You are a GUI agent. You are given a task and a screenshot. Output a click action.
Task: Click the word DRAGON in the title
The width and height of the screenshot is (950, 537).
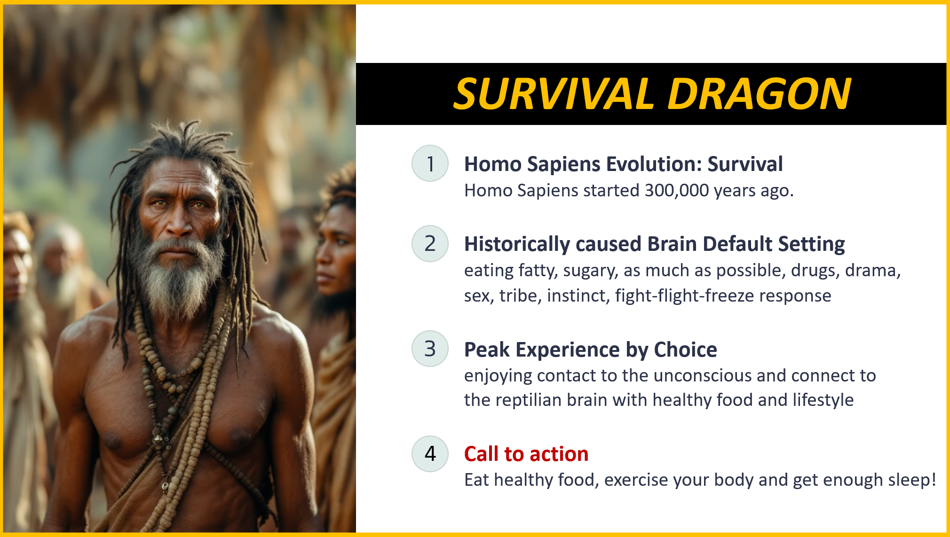[x=759, y=94]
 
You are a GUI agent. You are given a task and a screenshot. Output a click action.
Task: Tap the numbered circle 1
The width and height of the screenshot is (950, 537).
[x=430, y=163]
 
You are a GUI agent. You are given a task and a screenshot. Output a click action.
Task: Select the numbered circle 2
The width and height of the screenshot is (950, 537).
[x=430, y=243]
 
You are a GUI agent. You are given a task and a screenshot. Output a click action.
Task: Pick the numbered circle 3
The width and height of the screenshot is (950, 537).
[x=430, y=349]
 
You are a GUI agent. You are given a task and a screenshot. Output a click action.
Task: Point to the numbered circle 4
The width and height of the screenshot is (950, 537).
[x=430, y=453]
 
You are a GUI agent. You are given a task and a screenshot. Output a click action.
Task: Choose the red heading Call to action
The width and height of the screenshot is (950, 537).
[x=526, y=454]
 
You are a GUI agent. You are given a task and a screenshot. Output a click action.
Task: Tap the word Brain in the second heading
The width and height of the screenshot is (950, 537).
[x=672, y=244]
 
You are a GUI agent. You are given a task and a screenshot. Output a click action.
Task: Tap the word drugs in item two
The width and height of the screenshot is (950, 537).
[x=815, y=271]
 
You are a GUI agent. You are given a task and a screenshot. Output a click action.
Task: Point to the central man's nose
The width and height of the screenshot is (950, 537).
[x=179, y=221]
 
